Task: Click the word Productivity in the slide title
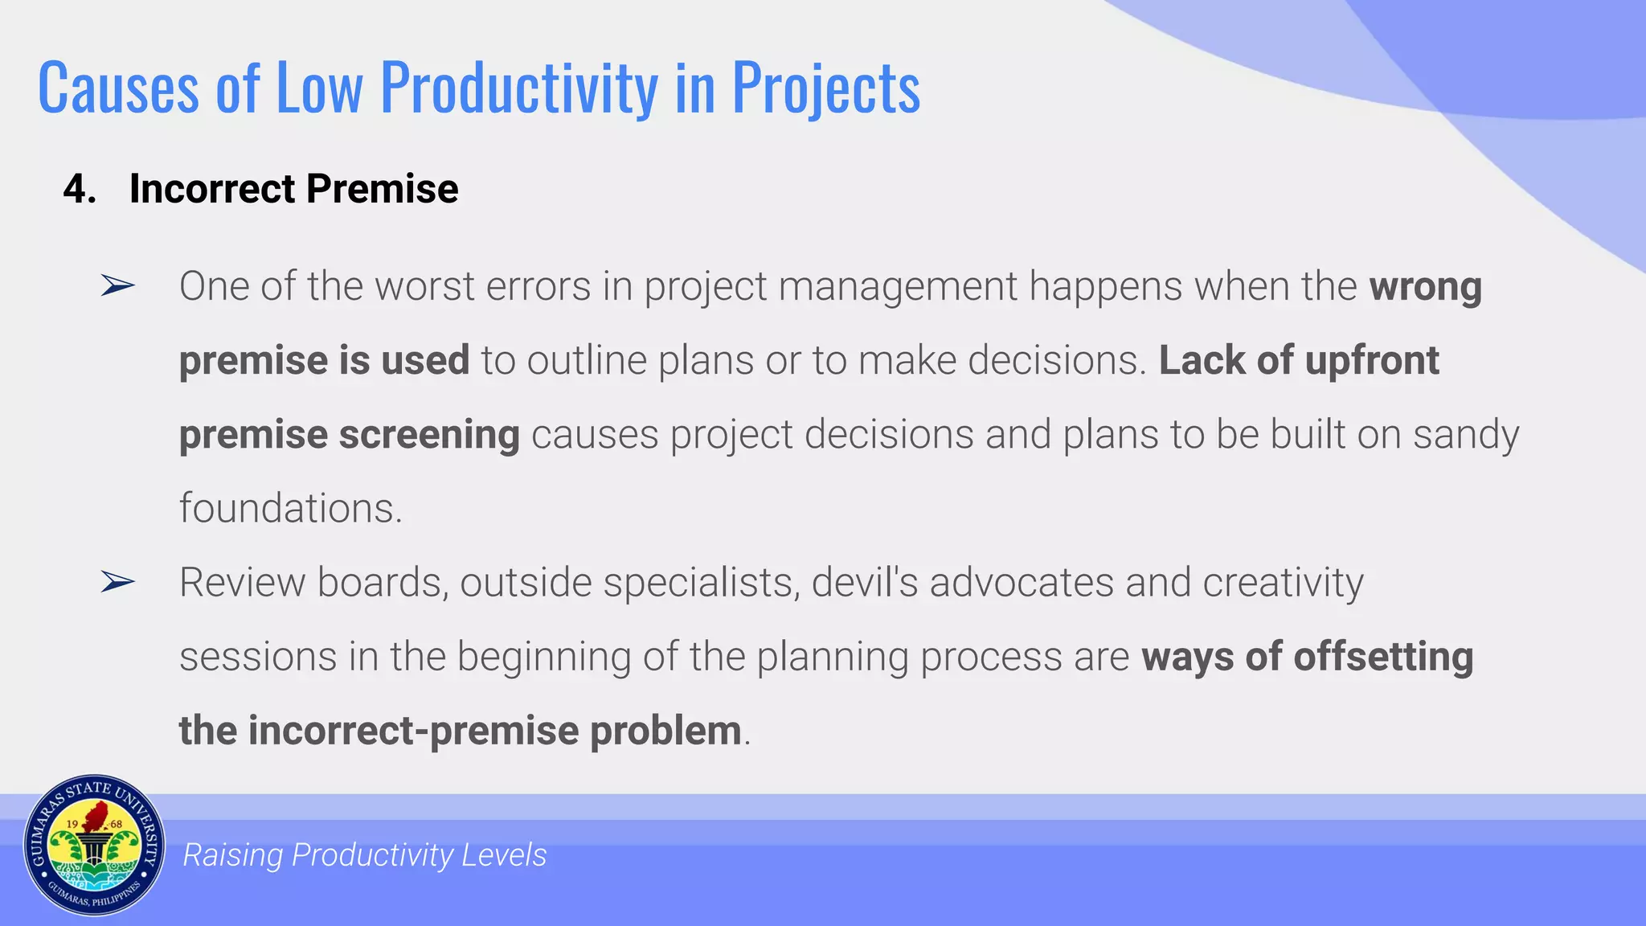pos(518,88)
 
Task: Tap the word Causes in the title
pos(118,88)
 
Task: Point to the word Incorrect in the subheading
pos(212,190)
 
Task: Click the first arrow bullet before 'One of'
pos(117,285)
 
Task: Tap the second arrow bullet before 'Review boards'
pos(117,582)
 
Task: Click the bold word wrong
pos(1425,287)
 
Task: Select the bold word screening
pos(429,436)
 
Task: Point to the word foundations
pos(289,509)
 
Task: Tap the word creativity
pos(1283,583)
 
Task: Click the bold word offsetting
pos(1383,657)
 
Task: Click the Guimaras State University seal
pos(94,846)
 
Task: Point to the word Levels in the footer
pos(504,855)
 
